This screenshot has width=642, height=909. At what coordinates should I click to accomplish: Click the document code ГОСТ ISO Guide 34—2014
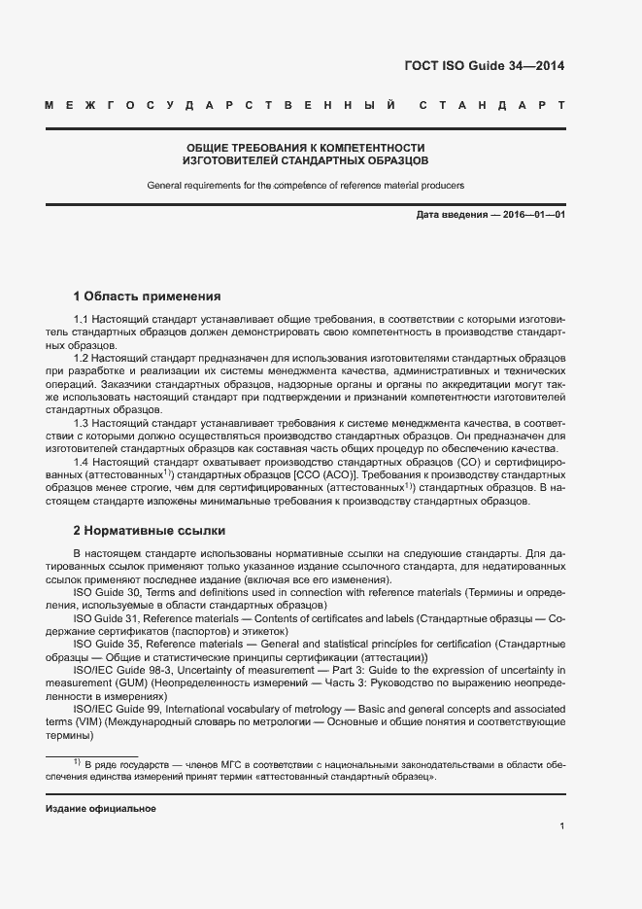click(x=484, y=66)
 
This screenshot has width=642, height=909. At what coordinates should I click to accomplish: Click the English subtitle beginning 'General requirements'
click(x=305, y=184)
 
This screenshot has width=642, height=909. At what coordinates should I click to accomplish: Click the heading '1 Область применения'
click(x=148, y=296)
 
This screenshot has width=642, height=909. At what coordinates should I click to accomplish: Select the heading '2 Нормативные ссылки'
click(x=150, y=531)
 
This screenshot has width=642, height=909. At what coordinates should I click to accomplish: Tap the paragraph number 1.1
click(x=83, y=320)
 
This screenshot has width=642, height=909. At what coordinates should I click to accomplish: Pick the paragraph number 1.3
click(x=83, y=423)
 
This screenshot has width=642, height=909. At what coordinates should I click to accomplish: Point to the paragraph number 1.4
click(x=83, y=461)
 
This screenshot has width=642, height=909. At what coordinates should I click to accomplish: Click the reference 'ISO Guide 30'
click(x=107, y=592)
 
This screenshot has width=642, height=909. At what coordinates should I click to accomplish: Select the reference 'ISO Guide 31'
click(x=107, y=617)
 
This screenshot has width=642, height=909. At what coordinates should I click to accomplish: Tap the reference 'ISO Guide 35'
click(x=107, y=644)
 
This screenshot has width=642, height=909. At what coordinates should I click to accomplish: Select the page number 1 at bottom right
click(x=562, y=826)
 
